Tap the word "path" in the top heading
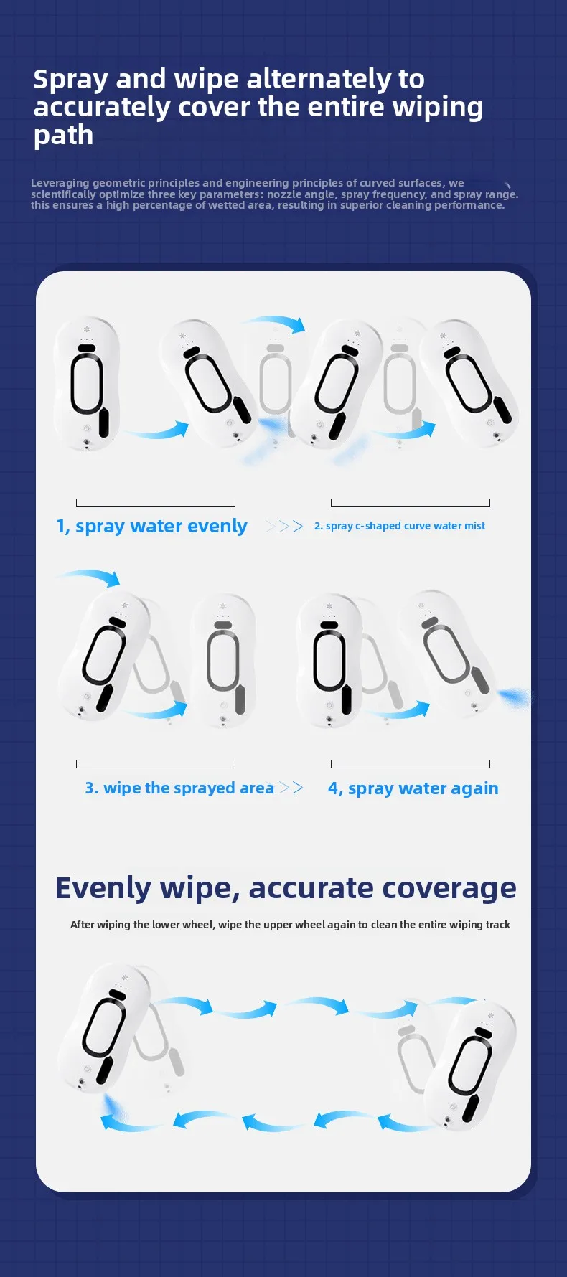click(63, 136)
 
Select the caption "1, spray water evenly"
click(151, 527)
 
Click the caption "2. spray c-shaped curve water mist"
click(399, 526)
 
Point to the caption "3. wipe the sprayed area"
click(179, 788)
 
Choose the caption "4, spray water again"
click(413, 788)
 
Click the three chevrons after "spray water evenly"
click(284, 527)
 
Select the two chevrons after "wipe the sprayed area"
click(291, 788)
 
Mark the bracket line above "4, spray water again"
click(411, 767)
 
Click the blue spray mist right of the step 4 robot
click(515, 697)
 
